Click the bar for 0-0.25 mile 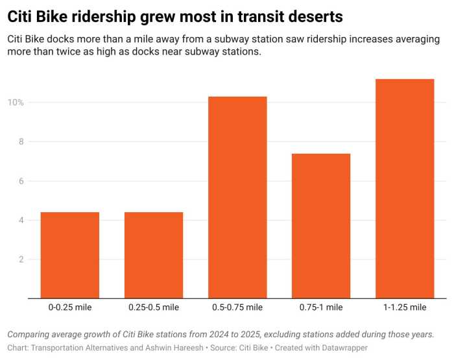(69, 255)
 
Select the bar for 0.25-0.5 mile (154, 255)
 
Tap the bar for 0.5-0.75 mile (237, 198)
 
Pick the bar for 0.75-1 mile (321, 226)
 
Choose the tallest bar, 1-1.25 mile (405, 189)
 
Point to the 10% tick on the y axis (16, 102)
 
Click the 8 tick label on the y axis (21, 141)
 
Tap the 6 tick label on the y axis (21, 181)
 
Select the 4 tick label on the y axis (21, 221)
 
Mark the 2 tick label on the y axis (21, 259)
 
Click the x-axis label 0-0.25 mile (69, 307)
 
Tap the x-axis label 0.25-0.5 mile (154, 307)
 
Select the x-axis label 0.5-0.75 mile (237, 307)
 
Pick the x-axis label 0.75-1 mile (321, 307)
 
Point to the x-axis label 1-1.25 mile (405, 307)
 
